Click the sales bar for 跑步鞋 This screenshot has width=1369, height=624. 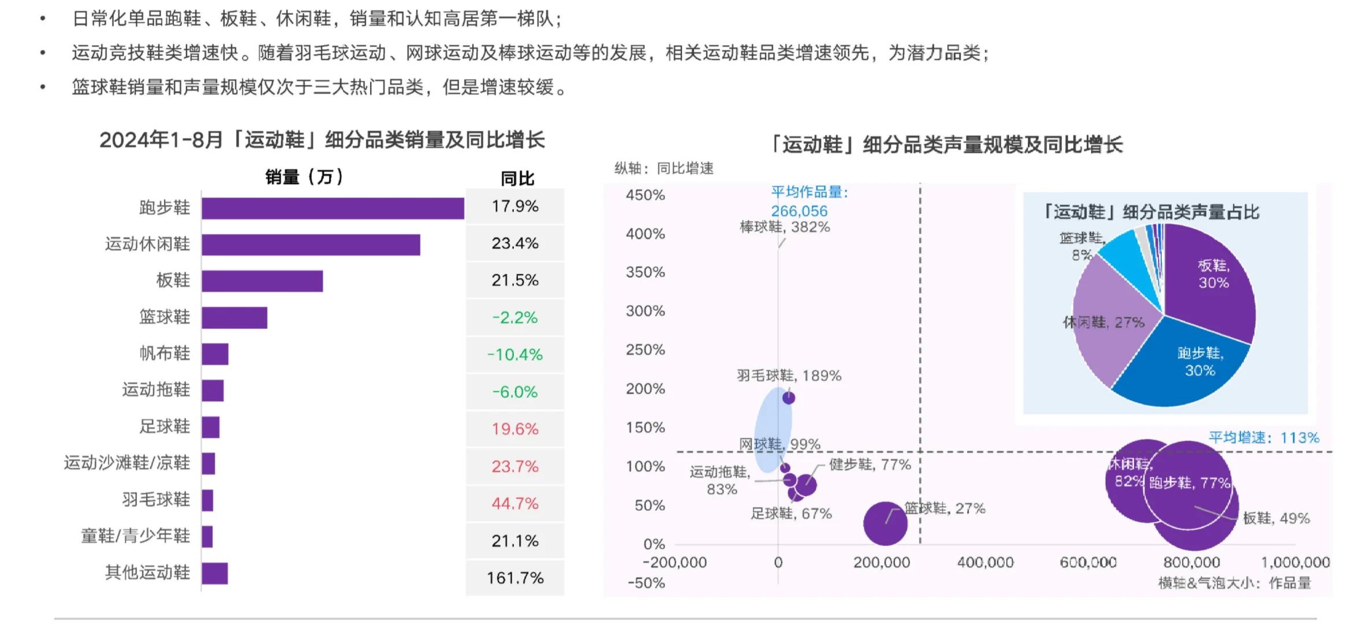click(x=333, y=208)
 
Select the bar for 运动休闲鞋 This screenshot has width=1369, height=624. click(x=311, y=244)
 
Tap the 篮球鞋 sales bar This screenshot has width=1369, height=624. click(x=234, y=318)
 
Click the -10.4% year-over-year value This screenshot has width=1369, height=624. click(x=514, y=354)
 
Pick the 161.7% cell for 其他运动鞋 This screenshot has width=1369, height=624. click(x=514, y=578)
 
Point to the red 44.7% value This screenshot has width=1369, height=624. click(x=514, y=503)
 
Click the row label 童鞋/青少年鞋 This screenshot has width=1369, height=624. click(x=135, y=536)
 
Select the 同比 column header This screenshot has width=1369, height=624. click(x=517, y=179)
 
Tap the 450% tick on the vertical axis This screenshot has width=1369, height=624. click(x=645, y=195)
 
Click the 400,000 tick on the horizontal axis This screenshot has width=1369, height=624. click(x=985, y=562)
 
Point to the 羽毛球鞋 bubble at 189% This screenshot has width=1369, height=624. click(x=789, y=398)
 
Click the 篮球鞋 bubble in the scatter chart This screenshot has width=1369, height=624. click(x=885, y=523)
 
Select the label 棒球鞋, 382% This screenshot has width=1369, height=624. click(x=785, y=227)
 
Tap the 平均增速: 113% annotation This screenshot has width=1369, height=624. click(x=1263, y=437)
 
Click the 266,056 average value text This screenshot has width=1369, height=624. click(x=799, y=211)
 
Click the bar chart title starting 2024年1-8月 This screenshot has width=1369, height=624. click(x=322, y=140)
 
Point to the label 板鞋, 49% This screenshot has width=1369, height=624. click(x=1276, y=518)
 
